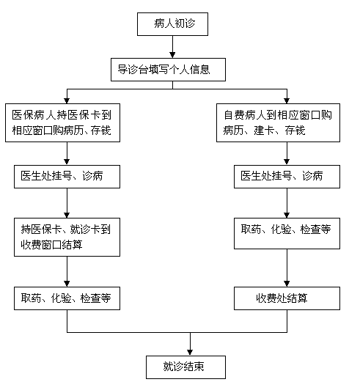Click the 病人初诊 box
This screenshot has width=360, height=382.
point(172,24)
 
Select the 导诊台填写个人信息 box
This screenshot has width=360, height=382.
point(168,70)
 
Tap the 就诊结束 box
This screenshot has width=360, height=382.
point(185,367)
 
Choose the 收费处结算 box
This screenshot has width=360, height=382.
point(287,298)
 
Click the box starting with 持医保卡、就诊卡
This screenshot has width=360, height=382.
point(67,237)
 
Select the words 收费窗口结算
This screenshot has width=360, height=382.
point(51,245)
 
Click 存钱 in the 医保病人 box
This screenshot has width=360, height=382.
point(101,131)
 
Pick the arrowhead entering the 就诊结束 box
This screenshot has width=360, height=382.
point(190,352)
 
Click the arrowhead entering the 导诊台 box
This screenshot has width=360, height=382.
point(172,55)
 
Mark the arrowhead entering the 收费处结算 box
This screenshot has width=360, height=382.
point(287,284)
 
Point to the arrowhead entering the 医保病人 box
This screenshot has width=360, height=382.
point(67,100)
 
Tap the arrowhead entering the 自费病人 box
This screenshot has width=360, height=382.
point(287,100)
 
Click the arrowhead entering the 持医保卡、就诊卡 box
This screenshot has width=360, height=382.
point(67,215)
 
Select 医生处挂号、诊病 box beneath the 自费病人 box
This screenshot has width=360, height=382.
point(287,177)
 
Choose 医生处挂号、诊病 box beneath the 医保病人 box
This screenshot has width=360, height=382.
point(67,177)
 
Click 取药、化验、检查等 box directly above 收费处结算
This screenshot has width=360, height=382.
point(287,233)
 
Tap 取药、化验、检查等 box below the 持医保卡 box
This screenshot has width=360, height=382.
point(67,298)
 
